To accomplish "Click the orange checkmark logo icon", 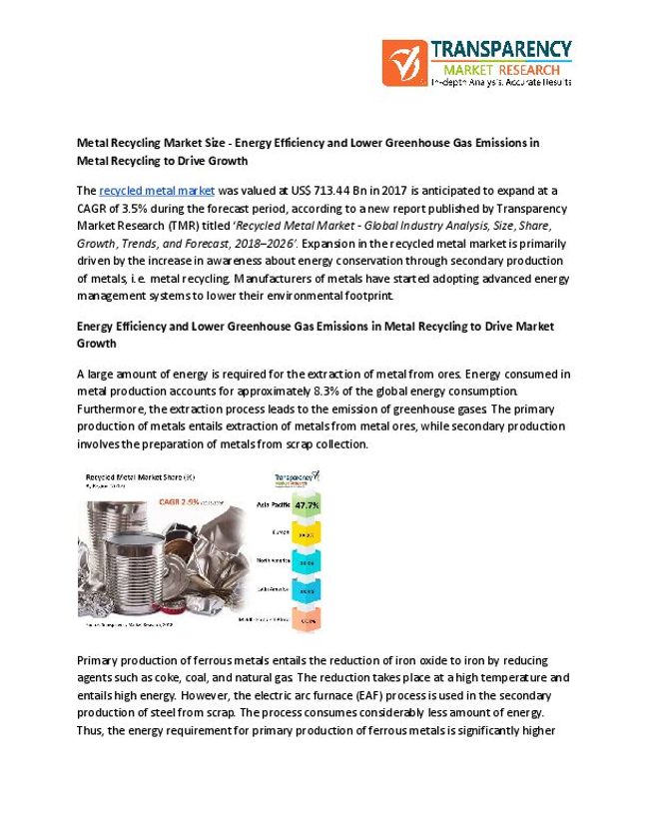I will coord(402,62).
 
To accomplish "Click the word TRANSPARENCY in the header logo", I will coord(500,50).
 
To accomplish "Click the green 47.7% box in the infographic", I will coord(307,506).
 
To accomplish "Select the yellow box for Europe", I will coord(307,535).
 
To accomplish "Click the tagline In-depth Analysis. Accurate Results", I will coord(500,82).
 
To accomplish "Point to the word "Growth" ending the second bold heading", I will coord(96,343).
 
